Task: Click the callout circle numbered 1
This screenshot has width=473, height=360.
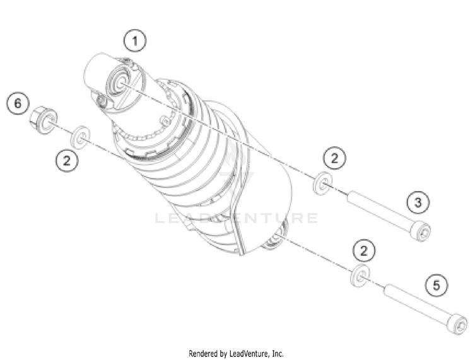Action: [x=135, y=41]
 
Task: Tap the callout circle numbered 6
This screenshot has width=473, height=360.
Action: [x=18, y=103]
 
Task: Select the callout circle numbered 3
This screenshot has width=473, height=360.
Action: [x=418, y=202]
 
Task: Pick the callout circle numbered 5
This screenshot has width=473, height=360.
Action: [x=436, y=285]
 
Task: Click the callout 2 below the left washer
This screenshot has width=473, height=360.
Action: [x=67, y=160]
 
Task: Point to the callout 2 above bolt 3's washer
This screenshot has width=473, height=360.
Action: [x=334, y=158]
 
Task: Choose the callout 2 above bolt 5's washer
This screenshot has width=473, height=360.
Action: [x=364, y=250]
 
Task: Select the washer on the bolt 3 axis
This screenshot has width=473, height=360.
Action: [x=323, y=183]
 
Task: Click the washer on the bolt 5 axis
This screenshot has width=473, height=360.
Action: [x=360, y=275]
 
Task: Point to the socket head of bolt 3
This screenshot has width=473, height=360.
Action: [x=421, y=231]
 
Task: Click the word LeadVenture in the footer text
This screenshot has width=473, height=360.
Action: [x=248, y=353]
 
